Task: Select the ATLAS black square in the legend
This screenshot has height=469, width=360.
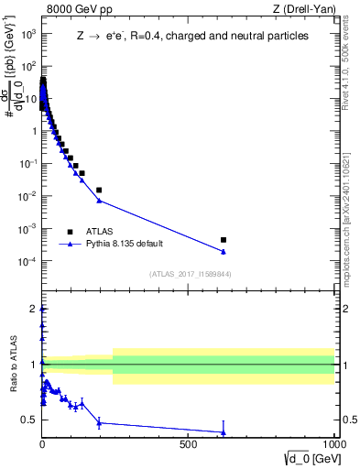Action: click(71, 232)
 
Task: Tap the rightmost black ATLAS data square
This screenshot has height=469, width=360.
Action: click(224, 240)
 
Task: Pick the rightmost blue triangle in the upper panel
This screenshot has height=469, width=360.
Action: click(224, 252)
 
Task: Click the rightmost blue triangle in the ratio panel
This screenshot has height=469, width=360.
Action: click(224, 432)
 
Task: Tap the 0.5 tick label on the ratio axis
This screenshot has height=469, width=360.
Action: click(28, 420)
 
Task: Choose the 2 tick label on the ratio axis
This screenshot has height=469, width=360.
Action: click(33, 309)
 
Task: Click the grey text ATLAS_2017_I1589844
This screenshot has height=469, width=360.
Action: click(190, 274)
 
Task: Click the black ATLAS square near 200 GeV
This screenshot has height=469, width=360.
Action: click(99, 190)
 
